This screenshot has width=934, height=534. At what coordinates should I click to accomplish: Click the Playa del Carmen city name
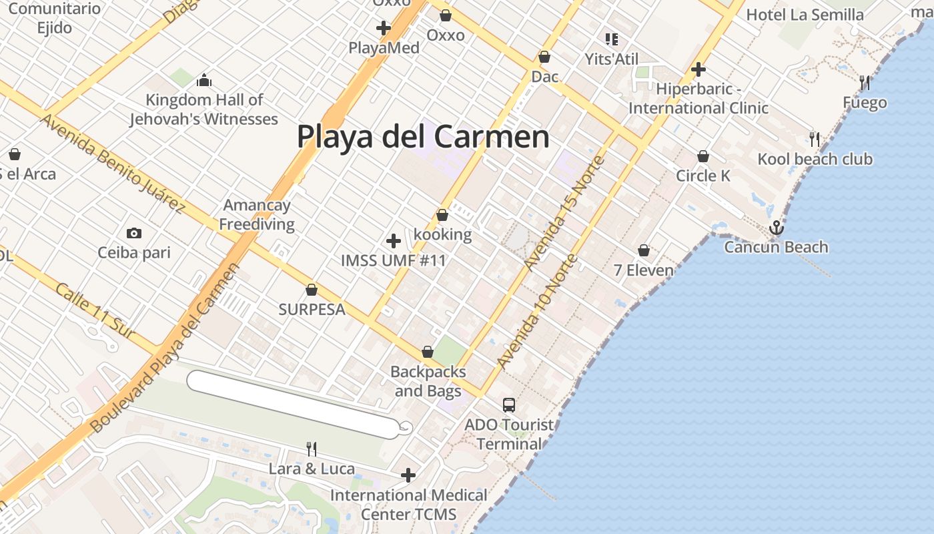(x=423, y=137)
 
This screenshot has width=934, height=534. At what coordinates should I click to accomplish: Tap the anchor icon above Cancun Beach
(x=776, y=228)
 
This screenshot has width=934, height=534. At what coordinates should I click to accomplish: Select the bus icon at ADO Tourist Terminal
(x=509, y=405)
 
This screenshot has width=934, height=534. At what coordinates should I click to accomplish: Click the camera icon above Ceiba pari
(x=134, y=233)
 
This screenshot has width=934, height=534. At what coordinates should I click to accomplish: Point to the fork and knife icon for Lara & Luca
(x=311, y=449)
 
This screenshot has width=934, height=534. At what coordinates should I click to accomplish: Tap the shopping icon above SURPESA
(x=311, y=290)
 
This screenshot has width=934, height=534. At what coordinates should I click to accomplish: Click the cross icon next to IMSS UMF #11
(x=394, y=241)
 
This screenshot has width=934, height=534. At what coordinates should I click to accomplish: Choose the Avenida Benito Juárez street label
(x=112, y=164)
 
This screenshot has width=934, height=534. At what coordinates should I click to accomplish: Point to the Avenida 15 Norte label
(x=564, y=213)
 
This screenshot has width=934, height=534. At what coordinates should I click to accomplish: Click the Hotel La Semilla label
(x=805, y=15)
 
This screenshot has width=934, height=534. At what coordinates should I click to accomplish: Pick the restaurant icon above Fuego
(x=865, y=83)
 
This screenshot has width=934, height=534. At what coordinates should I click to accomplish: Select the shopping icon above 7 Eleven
(x=644, y=250)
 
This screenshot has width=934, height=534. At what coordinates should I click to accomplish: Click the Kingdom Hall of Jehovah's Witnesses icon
(x=204, y=81)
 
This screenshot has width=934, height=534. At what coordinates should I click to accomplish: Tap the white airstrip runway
(x=294, y=405)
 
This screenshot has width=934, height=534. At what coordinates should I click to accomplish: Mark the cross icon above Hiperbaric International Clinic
(x=698, y=69)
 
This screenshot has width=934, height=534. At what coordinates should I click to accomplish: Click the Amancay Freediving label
(x=257, y=214)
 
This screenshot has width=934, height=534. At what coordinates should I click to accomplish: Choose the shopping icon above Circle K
(x=703, y=156)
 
